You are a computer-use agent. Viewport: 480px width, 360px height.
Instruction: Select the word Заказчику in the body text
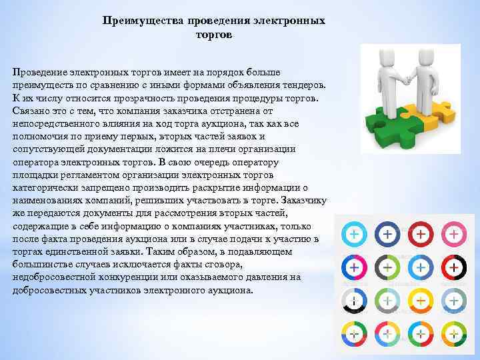[304, 199]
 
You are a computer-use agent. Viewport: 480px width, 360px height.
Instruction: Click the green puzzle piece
[386, 123]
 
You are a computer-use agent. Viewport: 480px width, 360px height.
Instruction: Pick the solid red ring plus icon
[421, 235]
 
